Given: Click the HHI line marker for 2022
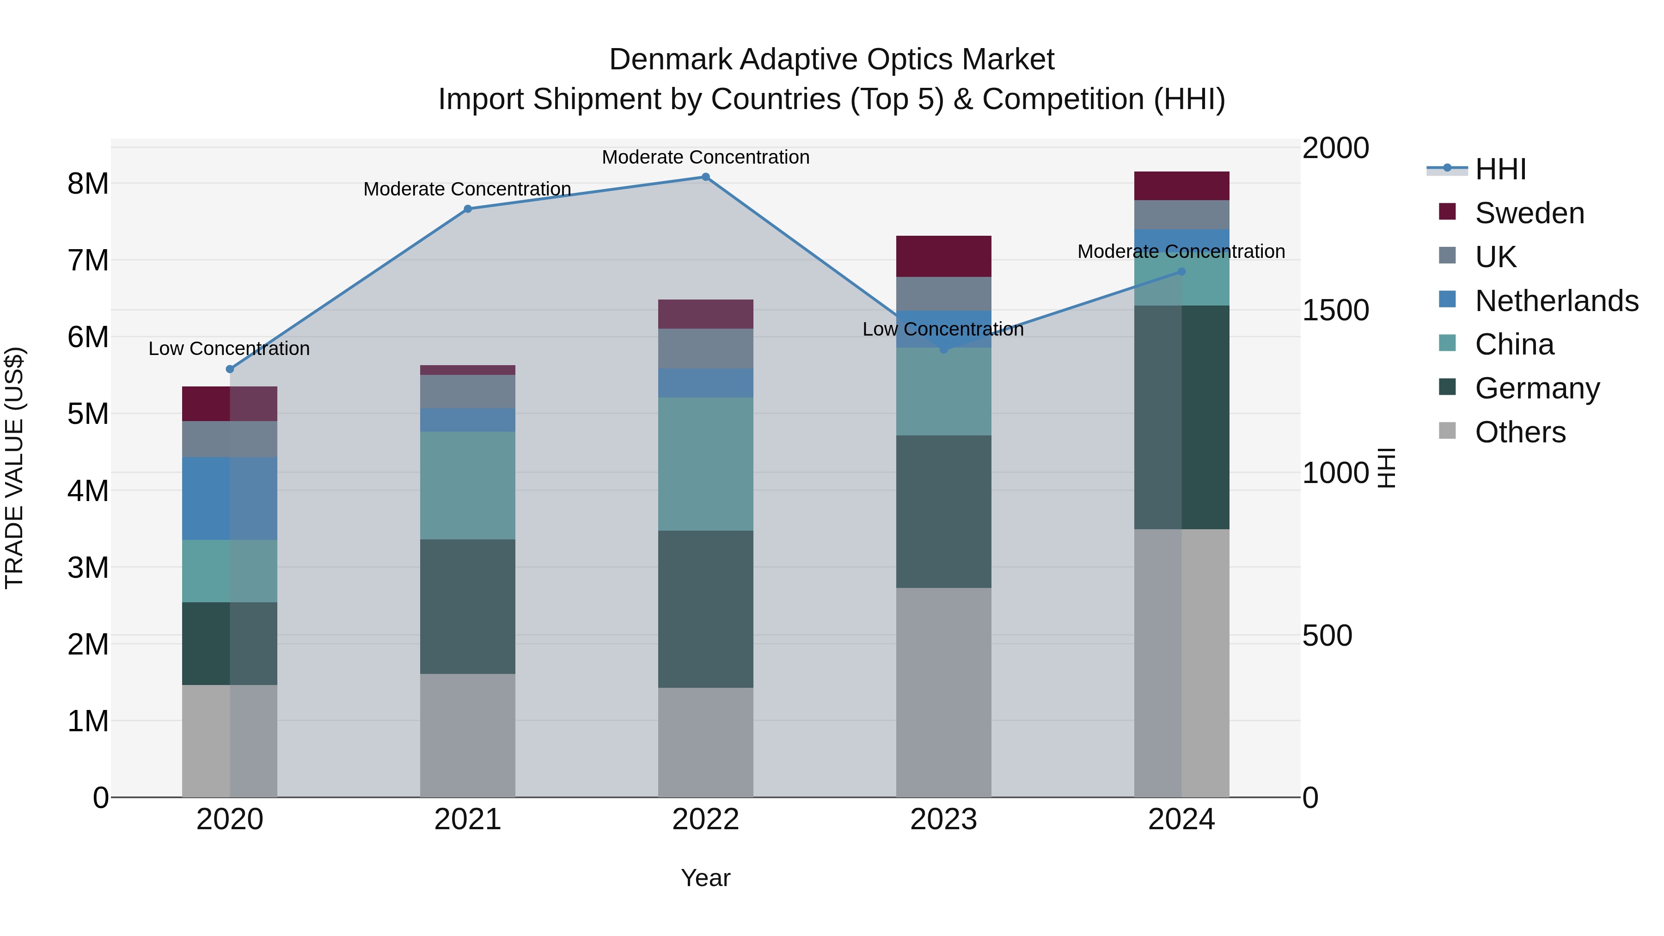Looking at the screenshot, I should click(705, 177).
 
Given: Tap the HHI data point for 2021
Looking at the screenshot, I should click(468, 208).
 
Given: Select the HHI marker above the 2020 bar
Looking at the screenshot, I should click(230, 369).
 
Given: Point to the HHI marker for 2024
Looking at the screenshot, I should click(1181, 271).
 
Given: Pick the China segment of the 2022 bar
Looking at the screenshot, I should click(705, 464).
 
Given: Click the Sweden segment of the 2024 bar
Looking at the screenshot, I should click(1181, 186).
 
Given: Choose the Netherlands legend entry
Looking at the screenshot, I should click(1556, 301).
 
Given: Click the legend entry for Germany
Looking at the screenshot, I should click(1537, 388).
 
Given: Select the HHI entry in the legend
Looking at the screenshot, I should click(1500, 169).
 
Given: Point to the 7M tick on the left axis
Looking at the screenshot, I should click(88, 261).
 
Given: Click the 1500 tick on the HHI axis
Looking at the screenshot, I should click(1334, 311).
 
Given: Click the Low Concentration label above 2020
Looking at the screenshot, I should click(229, 349).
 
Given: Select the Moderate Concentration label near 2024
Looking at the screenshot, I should click(1181, 251).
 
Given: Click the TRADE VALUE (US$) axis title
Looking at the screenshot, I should click(14, 468).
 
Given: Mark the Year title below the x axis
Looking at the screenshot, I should click(705, 878).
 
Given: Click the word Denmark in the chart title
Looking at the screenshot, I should click(670, 60).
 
